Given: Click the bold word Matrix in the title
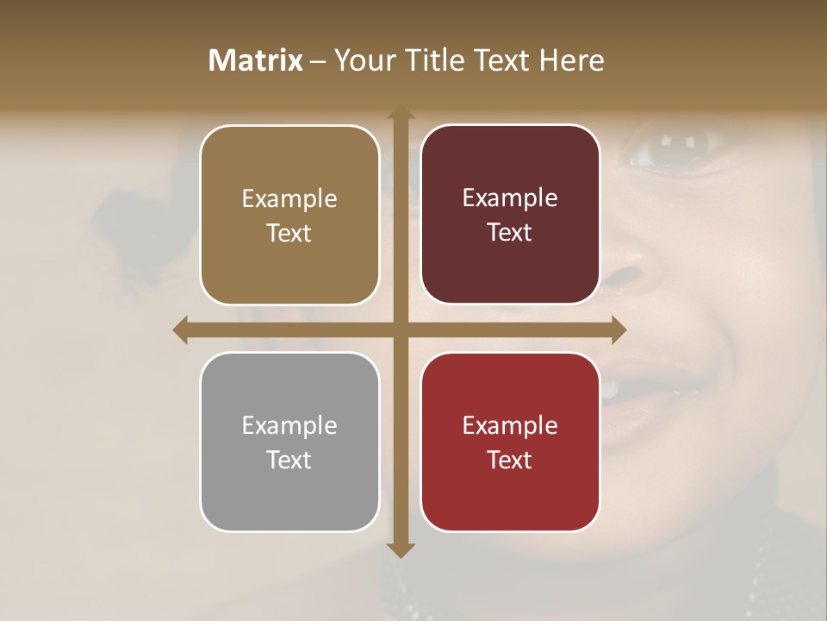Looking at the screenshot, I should (256, 60).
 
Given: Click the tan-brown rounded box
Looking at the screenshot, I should (289, 216).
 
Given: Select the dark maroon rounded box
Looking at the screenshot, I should (510, 215).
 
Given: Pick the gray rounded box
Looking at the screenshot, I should (289, 442).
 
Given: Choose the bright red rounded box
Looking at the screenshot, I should (510, 442).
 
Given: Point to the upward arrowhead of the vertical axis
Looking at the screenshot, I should (400, 113).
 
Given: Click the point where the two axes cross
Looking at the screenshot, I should (400, 329).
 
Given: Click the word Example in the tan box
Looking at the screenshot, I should (289, 199).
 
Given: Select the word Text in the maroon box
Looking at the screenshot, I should (510, 233).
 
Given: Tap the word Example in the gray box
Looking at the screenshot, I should (289, 425).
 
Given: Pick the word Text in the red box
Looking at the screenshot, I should (510, 460).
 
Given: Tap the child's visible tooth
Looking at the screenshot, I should (610, 390).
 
